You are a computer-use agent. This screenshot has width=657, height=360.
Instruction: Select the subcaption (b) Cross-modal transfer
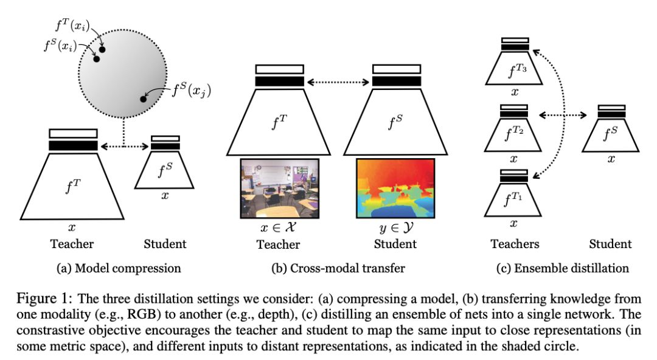(x=338, y=268)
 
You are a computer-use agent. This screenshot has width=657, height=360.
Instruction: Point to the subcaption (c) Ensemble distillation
(x=560, y=268)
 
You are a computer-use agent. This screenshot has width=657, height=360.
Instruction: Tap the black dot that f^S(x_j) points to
(x=143, y=99)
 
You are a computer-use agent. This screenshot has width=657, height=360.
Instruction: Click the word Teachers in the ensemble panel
(x=515, y=244)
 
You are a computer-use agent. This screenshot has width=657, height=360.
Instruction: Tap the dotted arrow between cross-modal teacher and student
(x=338, y=80)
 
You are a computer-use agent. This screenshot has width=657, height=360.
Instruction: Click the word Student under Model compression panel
(x=165, y=244)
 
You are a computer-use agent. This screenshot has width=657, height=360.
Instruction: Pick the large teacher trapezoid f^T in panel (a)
(x=73, y=185)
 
